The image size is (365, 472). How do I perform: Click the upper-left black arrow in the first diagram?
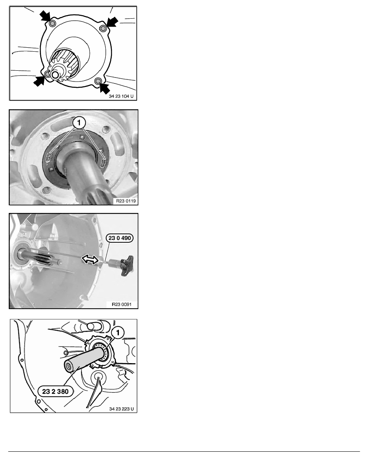pos(45,15)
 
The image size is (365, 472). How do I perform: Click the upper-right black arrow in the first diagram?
pos(112,22)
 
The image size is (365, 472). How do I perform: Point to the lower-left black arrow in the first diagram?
pos(39,81)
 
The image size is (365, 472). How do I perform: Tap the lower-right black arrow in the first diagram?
pos(104,88)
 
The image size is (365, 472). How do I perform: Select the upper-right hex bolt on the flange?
pos(103,28)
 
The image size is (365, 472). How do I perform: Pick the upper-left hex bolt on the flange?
pos(52,24)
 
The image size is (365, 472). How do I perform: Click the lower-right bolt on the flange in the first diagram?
pos(97,81)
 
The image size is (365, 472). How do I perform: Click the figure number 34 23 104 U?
pos(121,96)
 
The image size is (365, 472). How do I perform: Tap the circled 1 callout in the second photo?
pos(80,122)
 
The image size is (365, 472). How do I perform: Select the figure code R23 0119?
pos(126,201)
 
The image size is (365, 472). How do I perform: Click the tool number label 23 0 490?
pos(120,238)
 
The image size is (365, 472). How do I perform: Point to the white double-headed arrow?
pos(90,259)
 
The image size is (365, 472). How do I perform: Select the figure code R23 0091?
pos(122,304)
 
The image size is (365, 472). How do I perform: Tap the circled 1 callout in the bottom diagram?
pos(118,333)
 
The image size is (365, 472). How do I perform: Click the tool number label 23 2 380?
pos(55,391)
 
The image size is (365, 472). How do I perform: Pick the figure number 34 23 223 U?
pos(121,409)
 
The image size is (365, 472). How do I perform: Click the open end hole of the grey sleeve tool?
pos(68,366)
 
